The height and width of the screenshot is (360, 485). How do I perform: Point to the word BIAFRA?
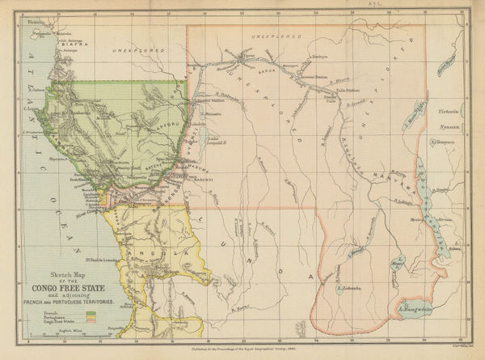[x=51, y=46]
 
